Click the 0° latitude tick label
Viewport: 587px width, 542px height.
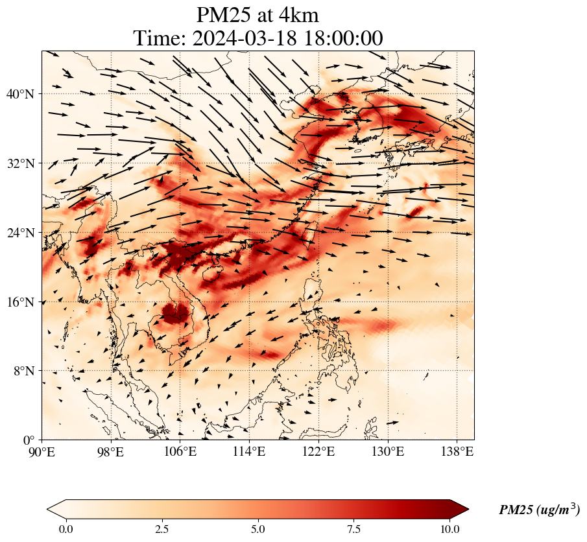tap(30, 440)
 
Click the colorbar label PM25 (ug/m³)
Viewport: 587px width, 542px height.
tap(539, 510)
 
